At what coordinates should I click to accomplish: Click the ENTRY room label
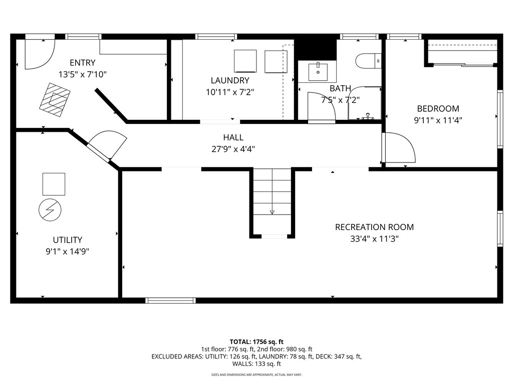pos(83,63)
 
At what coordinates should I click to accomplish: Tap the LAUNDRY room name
pos(230,80)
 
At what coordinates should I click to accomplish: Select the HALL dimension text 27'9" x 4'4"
pos(233,149)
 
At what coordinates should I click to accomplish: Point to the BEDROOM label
pos(438,108)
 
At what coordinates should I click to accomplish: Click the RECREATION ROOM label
pos(374,227)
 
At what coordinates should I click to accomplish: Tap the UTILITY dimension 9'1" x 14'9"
pos(68,252)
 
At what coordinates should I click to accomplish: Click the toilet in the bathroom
pos(368,61)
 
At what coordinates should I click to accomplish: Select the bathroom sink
pos(318,72)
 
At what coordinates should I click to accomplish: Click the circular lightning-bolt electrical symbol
pos(50,210)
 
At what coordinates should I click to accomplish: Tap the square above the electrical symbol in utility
pos(54,184)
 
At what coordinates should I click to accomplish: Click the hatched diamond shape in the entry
pos(55,100)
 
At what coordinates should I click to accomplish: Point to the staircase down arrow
pos(272,212)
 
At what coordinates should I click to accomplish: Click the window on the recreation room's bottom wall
pos(170,301)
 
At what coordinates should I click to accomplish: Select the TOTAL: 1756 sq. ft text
pos(256,342)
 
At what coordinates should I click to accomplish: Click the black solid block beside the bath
pos(316,50)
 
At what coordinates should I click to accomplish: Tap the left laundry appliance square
pos(245,61)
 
